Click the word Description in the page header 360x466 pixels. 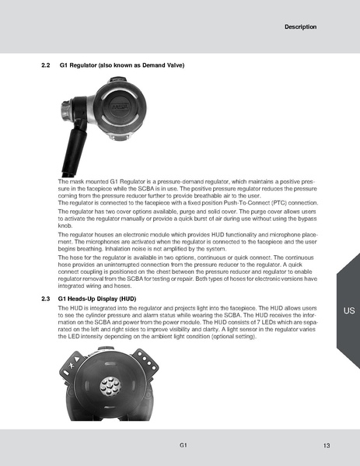coord(300,27)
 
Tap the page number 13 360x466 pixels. coord(327,444)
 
